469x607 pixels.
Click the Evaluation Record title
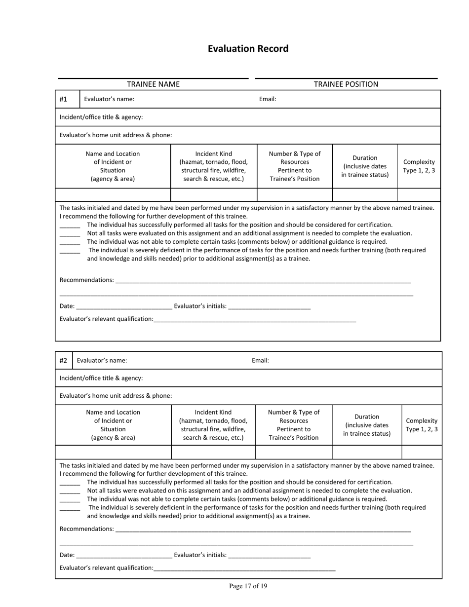click(248, 49)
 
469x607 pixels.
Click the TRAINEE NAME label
click(153, 84)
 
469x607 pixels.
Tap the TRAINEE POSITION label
click(346, 84)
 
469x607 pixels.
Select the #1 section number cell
click(63, 99)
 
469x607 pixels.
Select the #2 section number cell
click(63, 360)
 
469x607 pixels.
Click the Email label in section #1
click(268, 99)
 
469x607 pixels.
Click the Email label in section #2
click(260, 360)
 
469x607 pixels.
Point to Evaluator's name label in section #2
click(102, 360)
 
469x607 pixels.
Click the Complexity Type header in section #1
click(419, 166)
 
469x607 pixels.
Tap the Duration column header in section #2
click(366, 425)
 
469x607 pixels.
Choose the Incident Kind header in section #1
click(213, 166)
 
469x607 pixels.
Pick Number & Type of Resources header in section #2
click(293, 425)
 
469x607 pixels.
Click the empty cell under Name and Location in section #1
click(113, 195)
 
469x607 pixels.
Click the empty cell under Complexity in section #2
click(422, 452)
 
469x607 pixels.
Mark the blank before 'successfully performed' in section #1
click(70, 226)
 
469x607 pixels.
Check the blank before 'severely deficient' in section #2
click(70, 508)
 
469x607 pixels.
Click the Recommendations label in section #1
click(86, 280)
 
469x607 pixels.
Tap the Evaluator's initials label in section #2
click(200, 555)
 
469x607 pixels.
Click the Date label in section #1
click(67, 306)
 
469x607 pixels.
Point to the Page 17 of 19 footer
click(248, 586)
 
